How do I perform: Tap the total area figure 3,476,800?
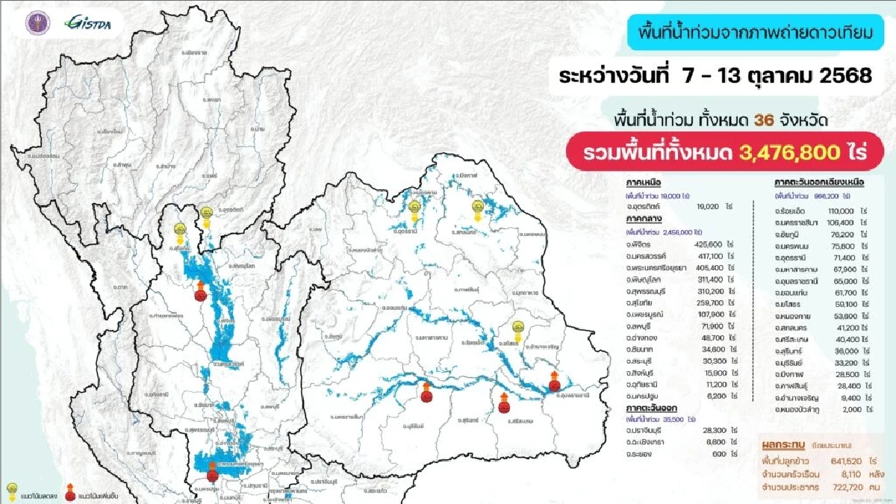click(792, 153)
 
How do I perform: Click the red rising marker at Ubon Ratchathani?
click(554, 383)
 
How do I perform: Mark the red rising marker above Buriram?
click(426, 393)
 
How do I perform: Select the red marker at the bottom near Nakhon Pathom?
click(213, 472)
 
